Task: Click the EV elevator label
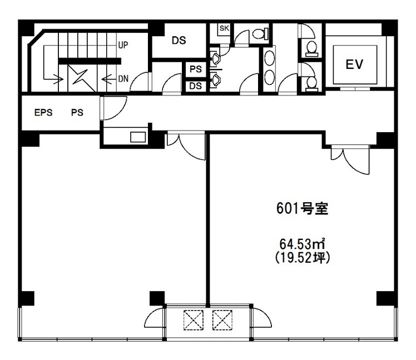coord(354,64)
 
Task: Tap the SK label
coord(224,28)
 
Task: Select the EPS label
coord(43,112)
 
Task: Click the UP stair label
coord(123,45)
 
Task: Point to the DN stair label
coord(123,79)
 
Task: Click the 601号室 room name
coord(302,208)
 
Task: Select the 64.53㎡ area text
coord(303,244)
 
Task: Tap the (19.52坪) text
coord(303,258)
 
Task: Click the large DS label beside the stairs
coord(179,41)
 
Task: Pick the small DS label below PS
coord(196,86)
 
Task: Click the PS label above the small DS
coord(196,69)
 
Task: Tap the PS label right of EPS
coord(77,112)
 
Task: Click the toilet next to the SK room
coord(260,34)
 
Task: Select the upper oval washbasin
coord(270,58)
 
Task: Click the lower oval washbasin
coord(270,77)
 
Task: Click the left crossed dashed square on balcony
coord(194,320)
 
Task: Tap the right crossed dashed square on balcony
coord(222,320)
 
